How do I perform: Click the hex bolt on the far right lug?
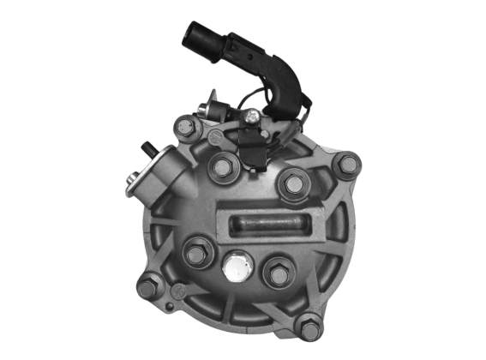coord(347,164)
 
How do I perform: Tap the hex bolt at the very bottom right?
coord(309,326)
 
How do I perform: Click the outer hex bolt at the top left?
coord(184,128)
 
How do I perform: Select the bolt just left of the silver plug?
coord(196,253)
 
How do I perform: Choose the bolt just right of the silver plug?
coord(279,273)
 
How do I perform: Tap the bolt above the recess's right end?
coord(294,183)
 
